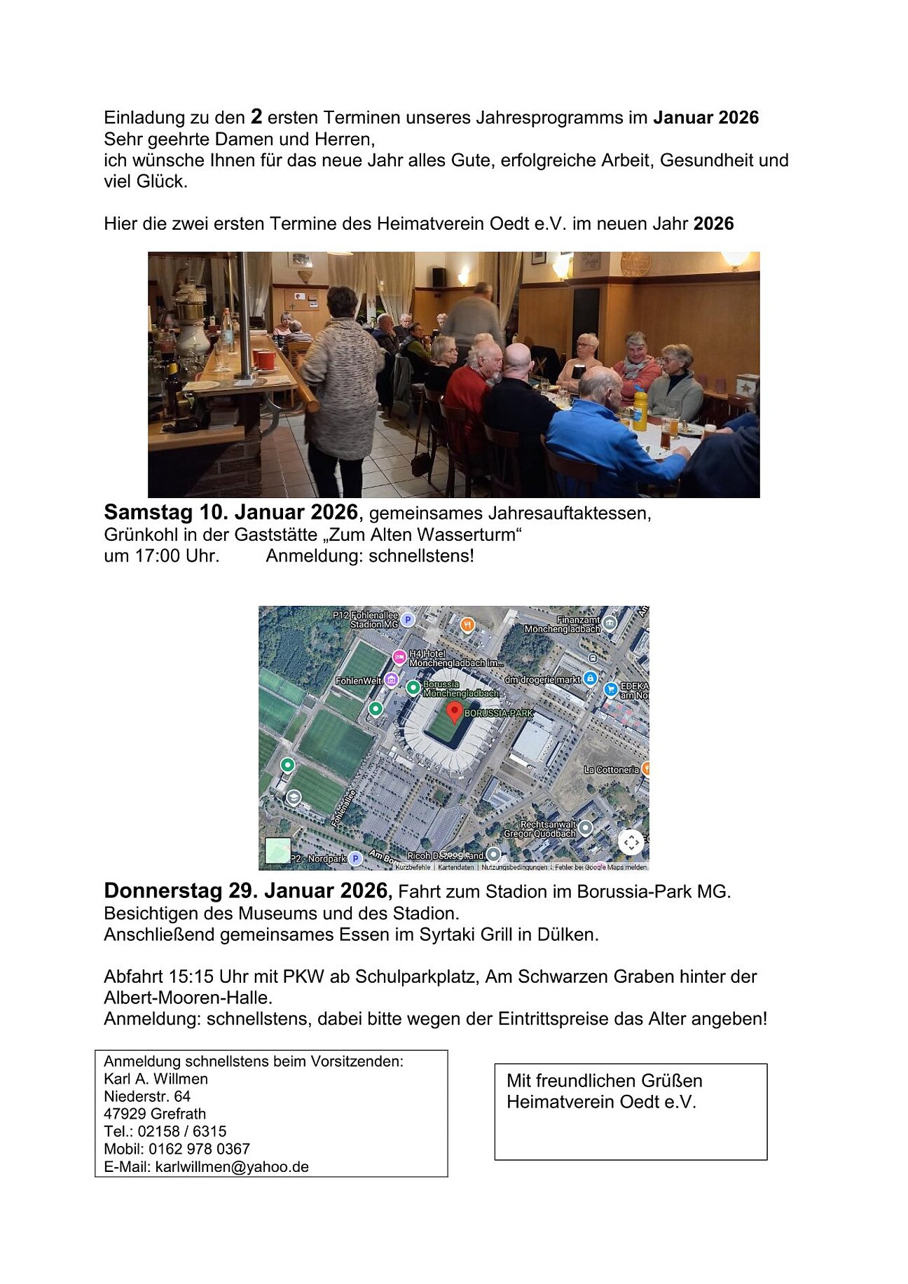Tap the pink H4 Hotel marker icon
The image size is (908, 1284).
(399, 657)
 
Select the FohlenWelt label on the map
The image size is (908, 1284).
(358, 681)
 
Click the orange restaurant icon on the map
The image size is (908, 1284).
(467, 623)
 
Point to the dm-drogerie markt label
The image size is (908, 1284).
(542, 679)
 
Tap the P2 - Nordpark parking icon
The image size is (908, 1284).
(355, 858)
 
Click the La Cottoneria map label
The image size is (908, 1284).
(611, 770)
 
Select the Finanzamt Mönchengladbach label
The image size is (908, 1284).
(563, 624)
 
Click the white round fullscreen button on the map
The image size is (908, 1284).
(631, 842)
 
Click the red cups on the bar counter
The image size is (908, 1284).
(264, 359)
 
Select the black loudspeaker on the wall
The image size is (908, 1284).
(439, 277)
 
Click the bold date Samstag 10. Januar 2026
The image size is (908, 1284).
(231, 512)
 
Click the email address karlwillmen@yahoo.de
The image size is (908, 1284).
(232, 1166)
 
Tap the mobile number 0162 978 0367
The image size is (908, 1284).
(199, 1149)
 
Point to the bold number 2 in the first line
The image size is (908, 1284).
(256, 116)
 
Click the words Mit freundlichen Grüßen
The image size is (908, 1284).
(604, 1080)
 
